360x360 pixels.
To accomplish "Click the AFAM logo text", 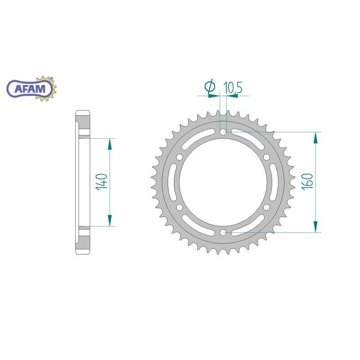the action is click(x=30, y=89).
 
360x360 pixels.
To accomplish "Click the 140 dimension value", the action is click(x=102, y=182).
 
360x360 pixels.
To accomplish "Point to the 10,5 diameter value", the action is click(x=233, y=87).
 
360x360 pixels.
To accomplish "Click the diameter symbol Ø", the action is click(x=210, y=87).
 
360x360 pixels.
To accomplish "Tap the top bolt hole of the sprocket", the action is click(x=223, y=132).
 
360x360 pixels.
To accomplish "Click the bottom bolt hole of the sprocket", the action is click(x=223, y=233).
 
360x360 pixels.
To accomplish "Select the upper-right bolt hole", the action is click(x=266, y=157).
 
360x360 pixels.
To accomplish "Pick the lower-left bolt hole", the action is click(x=180, y=207).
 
